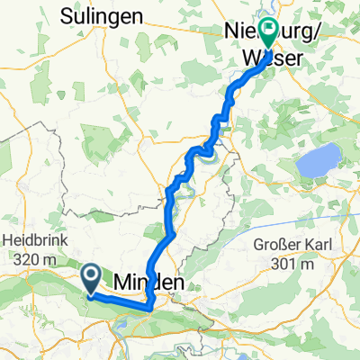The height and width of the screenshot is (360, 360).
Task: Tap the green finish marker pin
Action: click(268, 34)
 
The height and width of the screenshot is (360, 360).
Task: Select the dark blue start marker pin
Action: click(92, 276)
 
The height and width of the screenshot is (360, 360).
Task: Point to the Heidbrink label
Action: click(32, 241)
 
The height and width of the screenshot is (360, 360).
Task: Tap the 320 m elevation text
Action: click(32, 260)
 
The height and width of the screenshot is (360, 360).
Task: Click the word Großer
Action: click(276, 245)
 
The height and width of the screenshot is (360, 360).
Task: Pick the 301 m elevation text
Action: click(298, 265)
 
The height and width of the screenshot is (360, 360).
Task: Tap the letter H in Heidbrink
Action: click(8, 241)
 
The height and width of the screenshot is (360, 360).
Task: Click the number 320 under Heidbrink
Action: click(24, 260)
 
